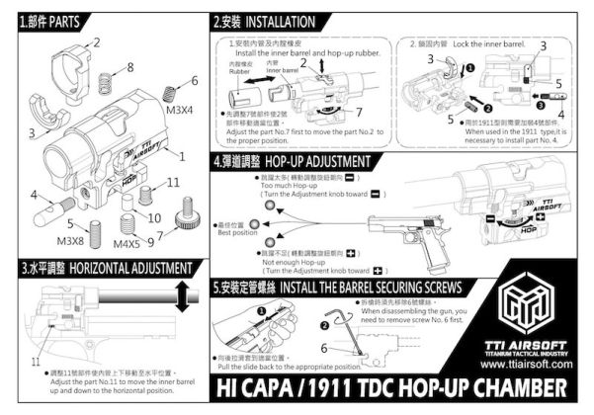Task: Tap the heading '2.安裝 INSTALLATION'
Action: tap(265, 21)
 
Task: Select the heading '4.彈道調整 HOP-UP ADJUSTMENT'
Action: tap(292, 160)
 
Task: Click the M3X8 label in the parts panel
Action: tap(70, 240)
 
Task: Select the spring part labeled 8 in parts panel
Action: tap(117, 82)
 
